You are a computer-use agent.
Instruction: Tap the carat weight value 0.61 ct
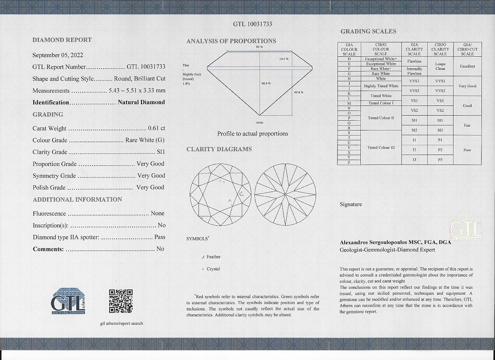tap(157, 128)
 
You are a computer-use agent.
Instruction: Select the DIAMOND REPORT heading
tap(62, 40)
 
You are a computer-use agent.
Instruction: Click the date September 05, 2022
tap(58, 55)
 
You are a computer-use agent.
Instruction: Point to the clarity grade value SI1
tap(161, 152)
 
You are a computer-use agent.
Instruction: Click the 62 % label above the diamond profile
tap(260, 47)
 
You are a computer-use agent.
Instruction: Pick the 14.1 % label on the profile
tap(284, 58)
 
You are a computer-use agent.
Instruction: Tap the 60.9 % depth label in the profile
tap(266, 83)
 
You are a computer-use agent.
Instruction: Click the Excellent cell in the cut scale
tap(467, 66)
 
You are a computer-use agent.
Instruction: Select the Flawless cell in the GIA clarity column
tap(414, 61)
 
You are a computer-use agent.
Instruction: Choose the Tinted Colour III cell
tap(381, 147)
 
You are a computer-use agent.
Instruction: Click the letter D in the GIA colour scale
tap(349, 59)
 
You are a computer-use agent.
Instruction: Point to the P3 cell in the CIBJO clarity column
tap(440, 160)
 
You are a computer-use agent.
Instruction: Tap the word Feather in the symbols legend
tap(213, 257)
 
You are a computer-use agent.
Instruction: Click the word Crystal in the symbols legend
tap(213, 269)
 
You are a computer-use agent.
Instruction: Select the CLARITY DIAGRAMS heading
tap(219, 149)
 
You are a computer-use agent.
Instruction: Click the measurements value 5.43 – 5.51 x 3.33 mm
tap(137, 91)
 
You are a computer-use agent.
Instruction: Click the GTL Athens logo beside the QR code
tap(68, 301)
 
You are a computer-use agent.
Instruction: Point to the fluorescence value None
tap(158, 213)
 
